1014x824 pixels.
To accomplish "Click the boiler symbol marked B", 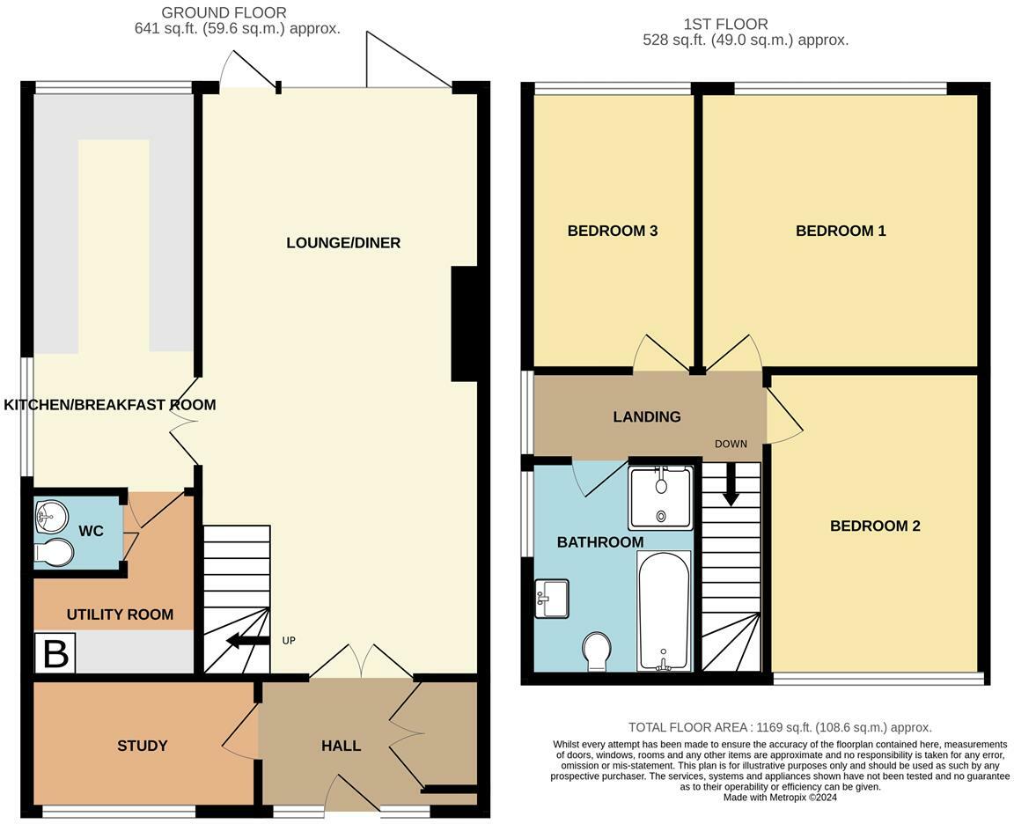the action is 55,653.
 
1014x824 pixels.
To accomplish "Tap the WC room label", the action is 92,531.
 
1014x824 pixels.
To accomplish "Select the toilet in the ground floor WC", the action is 54,552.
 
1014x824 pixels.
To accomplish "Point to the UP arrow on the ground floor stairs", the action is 247,641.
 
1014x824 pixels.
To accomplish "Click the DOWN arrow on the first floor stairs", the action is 731,484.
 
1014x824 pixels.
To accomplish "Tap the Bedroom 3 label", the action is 613,231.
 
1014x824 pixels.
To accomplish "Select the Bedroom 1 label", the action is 841,231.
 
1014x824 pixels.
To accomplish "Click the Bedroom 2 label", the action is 875,526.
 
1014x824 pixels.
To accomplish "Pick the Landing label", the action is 647,416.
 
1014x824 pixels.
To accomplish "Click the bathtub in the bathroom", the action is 664,611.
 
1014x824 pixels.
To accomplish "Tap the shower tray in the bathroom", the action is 661,498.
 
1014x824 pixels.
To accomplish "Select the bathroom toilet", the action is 596,652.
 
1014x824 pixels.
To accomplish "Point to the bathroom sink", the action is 552,599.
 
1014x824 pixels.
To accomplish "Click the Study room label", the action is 143,746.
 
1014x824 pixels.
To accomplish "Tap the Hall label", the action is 341,746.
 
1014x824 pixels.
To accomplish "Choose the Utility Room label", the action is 121,614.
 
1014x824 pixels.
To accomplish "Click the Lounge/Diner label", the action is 343,243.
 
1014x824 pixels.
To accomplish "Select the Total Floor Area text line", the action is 780,728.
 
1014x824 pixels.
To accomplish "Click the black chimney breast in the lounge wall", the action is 465,323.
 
